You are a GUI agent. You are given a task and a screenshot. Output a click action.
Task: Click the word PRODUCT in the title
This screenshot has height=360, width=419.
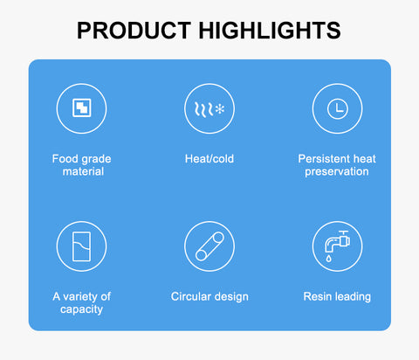pyautogui.click(x=134, y=31)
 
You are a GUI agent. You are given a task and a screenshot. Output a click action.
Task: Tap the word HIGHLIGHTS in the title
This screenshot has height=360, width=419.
pyautogui.click(x=270, y=31)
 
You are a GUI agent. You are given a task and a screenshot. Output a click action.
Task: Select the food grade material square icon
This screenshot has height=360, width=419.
pyautogui.click(x=81, y=107)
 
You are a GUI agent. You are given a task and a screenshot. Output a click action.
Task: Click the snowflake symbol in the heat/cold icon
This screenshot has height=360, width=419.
pyautogui.click(x=220, y=109)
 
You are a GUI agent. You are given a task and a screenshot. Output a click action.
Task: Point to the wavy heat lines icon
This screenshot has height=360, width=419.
pyautogui.click(x=203, y=109)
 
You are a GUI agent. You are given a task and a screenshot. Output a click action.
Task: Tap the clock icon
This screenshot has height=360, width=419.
pyautogui.click(x=338, y=109)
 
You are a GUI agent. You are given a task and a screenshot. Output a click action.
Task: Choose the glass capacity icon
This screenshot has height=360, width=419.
pyautogui.click(x=81, y=246)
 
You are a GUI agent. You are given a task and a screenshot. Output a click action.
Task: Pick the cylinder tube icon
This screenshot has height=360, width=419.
pyautogui.click(x=209, y=246)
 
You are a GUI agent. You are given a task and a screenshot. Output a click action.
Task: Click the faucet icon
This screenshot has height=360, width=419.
pyautogui.click(x=337, y=241)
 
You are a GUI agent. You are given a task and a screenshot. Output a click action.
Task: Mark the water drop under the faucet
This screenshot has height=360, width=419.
pyautogui.click(x=328, y=258)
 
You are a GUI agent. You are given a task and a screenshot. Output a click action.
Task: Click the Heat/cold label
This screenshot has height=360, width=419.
pyautogui.click(x=209, y=159)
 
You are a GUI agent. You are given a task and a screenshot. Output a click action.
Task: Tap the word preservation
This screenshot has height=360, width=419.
pyautogui.click(x=337, y=172)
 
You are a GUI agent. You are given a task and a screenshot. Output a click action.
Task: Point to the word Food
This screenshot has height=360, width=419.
pyautogui.click(x=63, y=159)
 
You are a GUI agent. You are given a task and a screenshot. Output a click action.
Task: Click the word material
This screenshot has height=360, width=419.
pyautogui.click(x=83, y=171)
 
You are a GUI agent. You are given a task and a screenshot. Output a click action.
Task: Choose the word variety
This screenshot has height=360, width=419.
pyautogui.click(x=80, y=297)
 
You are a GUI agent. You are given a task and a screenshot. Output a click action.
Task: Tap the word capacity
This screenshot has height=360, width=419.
pyautogui.click(x=81, y=309)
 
